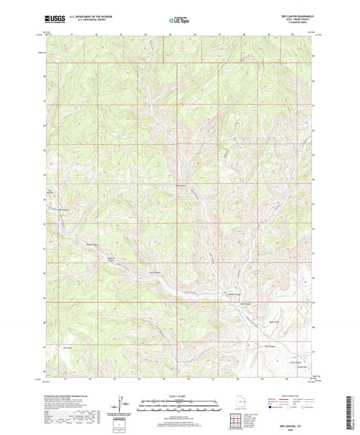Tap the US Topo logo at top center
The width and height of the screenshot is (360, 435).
(x=179, y=21)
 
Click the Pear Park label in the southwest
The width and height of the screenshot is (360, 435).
(x=67, y=348)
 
